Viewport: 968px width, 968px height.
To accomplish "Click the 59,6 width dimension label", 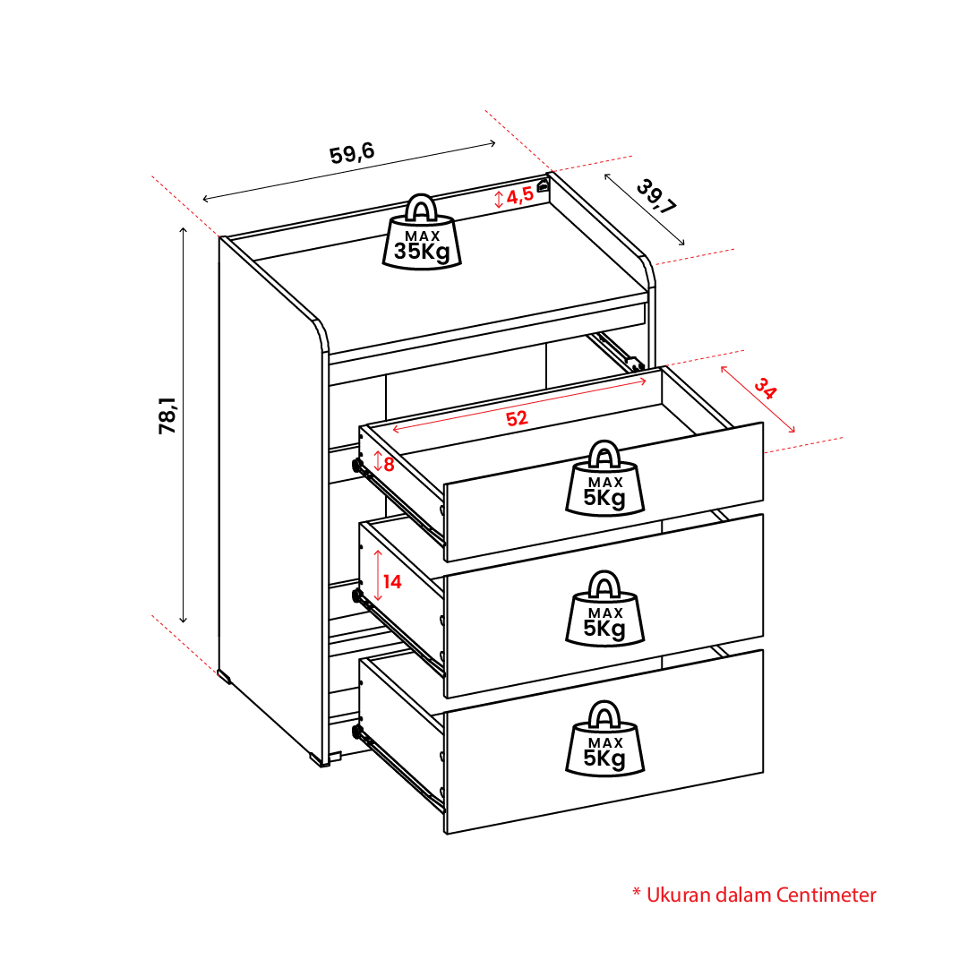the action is (352, 153).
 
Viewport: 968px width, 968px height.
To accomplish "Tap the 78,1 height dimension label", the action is (167, 415).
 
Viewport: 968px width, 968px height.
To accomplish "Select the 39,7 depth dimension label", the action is (656, 196).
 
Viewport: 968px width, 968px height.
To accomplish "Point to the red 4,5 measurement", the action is (519, 196).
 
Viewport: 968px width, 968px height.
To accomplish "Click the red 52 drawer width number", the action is (517, 418).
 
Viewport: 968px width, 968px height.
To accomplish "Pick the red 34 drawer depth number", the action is (765, 389).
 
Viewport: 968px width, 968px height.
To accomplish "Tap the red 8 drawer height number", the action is (389, 464).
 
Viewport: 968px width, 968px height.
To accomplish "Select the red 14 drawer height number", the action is (392, 581).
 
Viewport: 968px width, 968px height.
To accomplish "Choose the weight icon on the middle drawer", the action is (605, 608).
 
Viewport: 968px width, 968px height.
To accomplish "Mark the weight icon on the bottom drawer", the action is (605, 738).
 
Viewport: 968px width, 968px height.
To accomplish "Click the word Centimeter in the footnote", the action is (826, 895).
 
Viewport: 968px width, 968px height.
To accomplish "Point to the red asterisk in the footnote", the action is (637, 893).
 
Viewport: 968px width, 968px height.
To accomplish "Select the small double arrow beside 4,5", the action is (499, 199).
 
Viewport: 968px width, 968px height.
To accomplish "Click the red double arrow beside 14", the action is (378, 576).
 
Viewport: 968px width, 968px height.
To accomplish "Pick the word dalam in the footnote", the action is (742, 895).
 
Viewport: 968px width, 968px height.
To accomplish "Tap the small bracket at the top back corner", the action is (543, 185).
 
